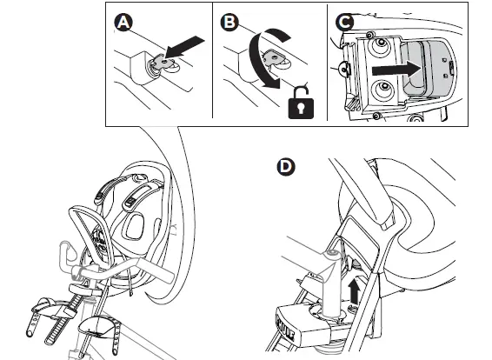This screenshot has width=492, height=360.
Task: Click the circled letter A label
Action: click(x=123, y=23)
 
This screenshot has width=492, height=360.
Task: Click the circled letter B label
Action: click(x=229, y=23)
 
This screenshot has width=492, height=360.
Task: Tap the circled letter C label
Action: click(x=344, y=23)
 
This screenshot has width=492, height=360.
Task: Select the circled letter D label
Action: click(x=286, y=167)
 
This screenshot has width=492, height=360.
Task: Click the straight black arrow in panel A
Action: click(x=184, y=47)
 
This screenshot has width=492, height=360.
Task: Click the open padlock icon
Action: click(x=301, y=103)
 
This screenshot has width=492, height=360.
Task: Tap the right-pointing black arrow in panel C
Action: click(x=397, y=70)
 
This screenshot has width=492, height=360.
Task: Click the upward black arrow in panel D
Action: click(x=355, y=291)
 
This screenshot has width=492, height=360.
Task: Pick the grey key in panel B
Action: click(x=272, y=57)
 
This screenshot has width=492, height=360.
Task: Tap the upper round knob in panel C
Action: click(x=381, y=44)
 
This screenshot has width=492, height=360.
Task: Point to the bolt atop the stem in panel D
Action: click(x=332, y=252)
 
